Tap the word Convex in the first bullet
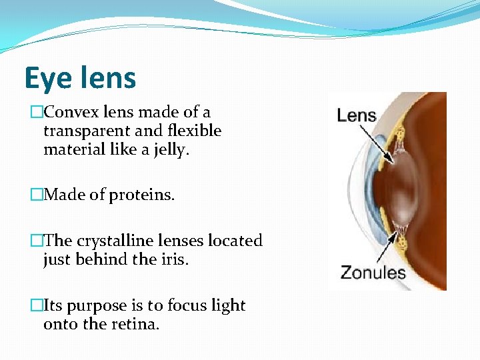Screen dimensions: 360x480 coord(69,113)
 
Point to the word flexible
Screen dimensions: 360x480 coord(195,131)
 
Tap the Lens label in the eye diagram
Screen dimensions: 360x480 coord(357,115)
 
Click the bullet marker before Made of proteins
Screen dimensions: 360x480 coord(36,195)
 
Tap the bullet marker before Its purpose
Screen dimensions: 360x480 coord(36,305)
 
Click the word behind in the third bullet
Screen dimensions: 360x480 coord(93,259)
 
